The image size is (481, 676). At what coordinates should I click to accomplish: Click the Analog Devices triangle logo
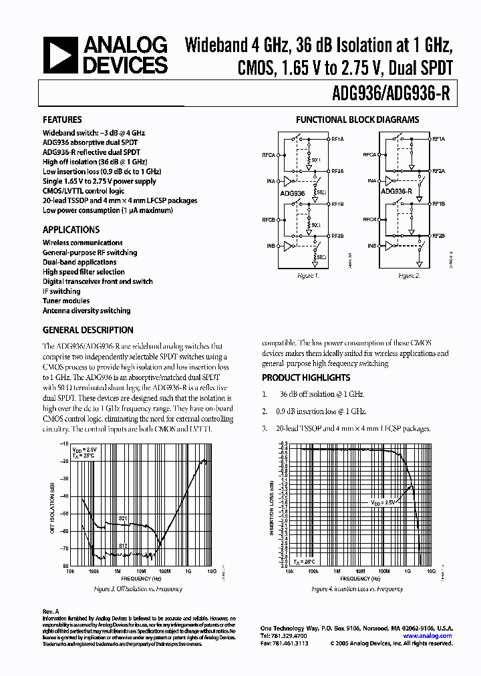[x=60, y=55]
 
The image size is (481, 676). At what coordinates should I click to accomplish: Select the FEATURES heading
[x=63, y=120]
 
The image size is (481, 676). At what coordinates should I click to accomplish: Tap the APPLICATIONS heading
[x=71, y=229]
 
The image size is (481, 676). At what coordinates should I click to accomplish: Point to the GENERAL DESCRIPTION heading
[x=88, y=330]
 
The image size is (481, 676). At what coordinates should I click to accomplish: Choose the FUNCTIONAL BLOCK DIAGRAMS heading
[x=357, y=120]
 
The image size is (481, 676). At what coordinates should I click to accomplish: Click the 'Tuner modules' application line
[x=66, y=301]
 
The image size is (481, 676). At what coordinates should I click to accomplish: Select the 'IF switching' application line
[x=61, y=291]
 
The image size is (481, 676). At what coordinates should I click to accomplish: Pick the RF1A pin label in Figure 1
[x=337, y=140]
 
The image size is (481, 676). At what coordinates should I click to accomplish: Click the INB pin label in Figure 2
[x=371, y=246]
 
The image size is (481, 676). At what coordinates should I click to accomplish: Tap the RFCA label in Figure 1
[x=269, y=155]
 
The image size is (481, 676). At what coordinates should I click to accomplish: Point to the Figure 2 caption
[x=408, y=275]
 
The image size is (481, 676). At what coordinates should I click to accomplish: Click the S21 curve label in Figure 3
[x=123, y=518]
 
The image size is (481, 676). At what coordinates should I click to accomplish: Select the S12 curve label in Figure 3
[x=123, y=546]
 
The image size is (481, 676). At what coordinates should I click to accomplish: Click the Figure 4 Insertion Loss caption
[x=357, y=589]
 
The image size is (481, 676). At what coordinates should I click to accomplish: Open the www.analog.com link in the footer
[x=432, y=636]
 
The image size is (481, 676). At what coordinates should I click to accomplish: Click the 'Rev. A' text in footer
[x=51, y=611]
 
